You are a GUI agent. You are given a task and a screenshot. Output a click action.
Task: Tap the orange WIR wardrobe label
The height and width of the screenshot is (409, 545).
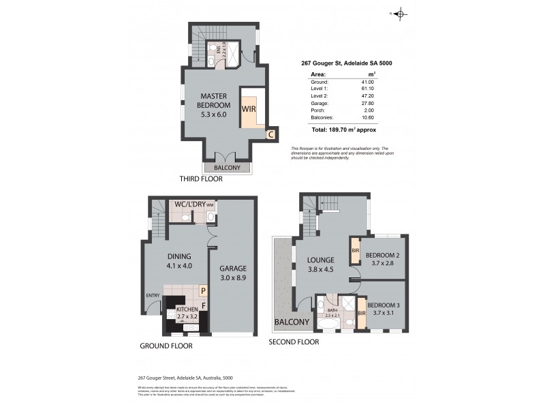click(x=247, y=108)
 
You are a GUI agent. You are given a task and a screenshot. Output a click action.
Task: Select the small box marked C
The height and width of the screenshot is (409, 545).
click(x=270, y=135)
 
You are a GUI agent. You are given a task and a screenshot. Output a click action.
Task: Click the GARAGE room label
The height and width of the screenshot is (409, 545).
click(x=234, y=268)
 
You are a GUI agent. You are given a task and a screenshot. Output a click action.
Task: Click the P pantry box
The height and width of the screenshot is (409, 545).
click(x=202, y=290)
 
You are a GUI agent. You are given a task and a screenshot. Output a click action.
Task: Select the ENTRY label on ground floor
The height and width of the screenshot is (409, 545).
click(x=153, y=295)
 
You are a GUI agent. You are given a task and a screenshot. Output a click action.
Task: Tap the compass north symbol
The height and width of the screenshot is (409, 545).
click(x=400, y=13)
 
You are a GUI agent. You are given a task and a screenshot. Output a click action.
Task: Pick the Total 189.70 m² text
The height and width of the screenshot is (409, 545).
click(x=343, y=129)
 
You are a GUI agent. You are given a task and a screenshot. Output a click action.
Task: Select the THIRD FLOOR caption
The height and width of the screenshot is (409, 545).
click(x=201, y=179)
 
